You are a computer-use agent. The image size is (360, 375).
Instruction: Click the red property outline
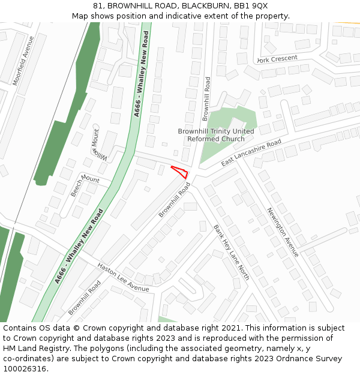(x=181, y=172)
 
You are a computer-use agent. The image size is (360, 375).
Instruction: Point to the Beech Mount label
(x=85, y=185)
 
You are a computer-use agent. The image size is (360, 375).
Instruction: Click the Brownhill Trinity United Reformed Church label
(x=216, y=135)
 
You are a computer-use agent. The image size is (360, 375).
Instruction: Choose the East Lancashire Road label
(x=251, y=154)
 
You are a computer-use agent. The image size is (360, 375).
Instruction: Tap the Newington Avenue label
(x=283, y=232)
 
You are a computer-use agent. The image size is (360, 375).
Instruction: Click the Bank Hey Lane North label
(x=232, y=253)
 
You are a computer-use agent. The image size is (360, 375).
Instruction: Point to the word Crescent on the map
(x=284, y=58)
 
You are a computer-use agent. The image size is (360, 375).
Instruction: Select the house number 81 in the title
(x=98, y=5)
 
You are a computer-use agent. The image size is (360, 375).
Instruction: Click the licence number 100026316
(x=26, y=369)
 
